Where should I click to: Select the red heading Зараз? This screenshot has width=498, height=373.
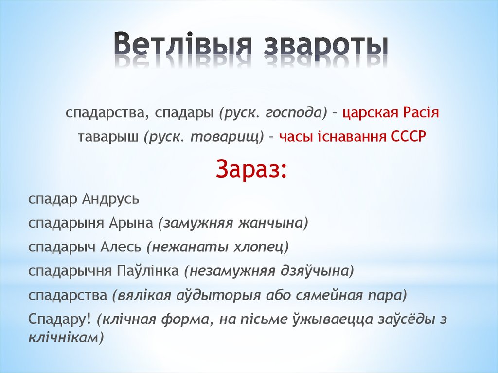(x=251, y=168)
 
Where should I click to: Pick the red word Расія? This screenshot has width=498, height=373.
(x=421, y=113)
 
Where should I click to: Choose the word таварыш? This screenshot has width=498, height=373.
(x=108, y=137)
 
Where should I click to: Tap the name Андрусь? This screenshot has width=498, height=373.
(x=111, y=199)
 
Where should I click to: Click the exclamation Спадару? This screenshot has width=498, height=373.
(x=60, y=319)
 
